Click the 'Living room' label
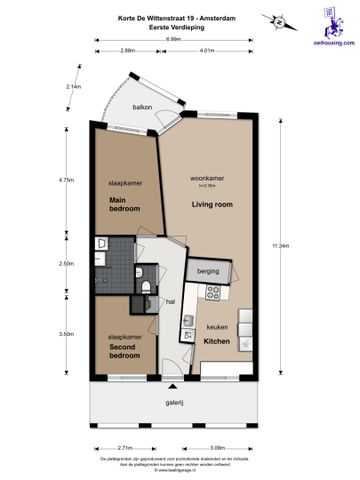(x=211, y=204)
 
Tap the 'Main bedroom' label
(x=124, y=204)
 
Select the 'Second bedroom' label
(x=124, y=351)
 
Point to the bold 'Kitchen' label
(x=218, y=341)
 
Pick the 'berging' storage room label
(x=208, y=271)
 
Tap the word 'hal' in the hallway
(x=171, y=299)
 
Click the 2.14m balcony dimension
(x=72, y=86)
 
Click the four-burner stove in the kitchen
(x=212, y=293)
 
